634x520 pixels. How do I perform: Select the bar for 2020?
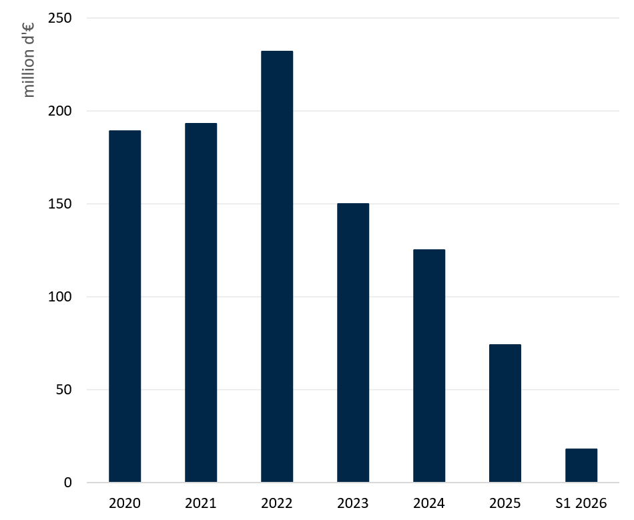[x=125, y=306]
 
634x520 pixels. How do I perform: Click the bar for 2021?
[x=201, y=303]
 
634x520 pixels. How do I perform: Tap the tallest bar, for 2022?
[x=277, y=267]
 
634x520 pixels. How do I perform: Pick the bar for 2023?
[x=353, y=343]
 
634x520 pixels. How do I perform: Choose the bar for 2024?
[x=429, y=366]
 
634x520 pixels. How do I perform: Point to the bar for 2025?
[x=505, y=413]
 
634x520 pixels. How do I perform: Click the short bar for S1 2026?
[x=581, y=465]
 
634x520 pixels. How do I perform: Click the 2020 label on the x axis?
[x=125, y=503]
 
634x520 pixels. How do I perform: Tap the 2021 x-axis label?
[x=201, y=503]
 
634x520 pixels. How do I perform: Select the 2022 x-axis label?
[x=277, y=503]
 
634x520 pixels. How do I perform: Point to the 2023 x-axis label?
[x=353, y=503]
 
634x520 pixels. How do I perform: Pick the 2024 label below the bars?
[x=429, y=503]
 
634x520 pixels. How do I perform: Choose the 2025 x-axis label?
[x=505, y=503]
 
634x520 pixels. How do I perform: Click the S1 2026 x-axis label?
[x=581, y=503]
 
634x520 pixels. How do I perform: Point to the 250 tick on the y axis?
[x=60, y=18]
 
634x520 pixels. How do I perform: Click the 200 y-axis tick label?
[x=60, y=110]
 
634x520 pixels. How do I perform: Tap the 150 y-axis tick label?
[x=60, y=204]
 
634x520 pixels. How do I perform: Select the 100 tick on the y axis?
[x=60, y=297]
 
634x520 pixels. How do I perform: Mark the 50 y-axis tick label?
[x=64, y=390]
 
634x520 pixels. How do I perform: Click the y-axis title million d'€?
[x=28, y=60]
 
